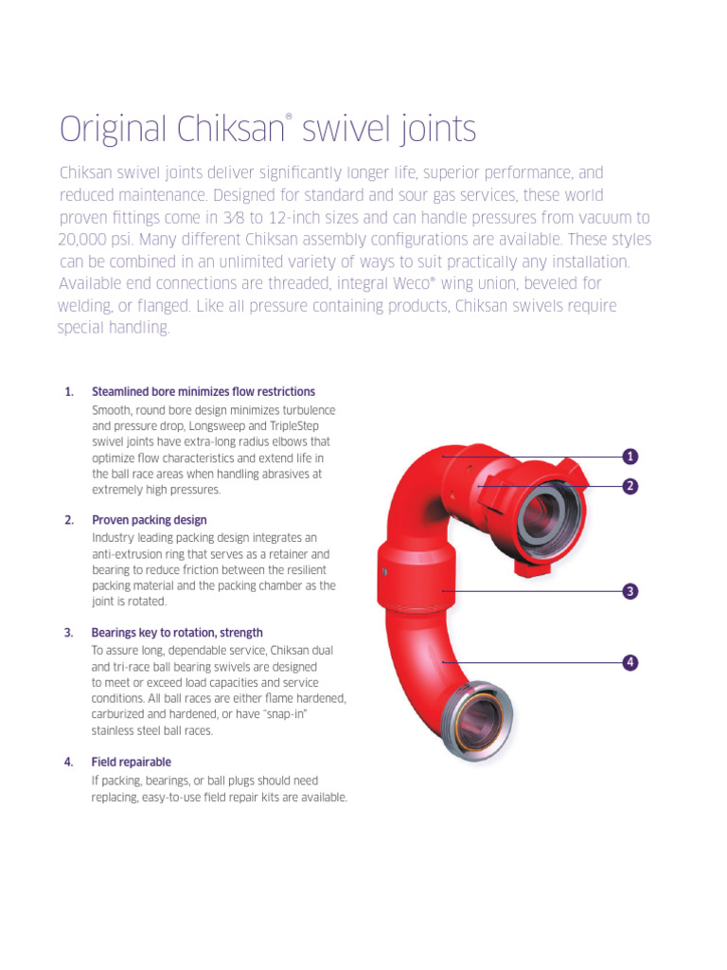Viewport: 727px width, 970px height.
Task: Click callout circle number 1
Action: (x=629, y=457)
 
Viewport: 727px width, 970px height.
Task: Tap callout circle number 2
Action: (x=629, y=486)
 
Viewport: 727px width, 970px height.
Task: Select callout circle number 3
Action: (x=629, y=591)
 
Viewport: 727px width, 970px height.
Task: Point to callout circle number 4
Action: (x=629, y=662)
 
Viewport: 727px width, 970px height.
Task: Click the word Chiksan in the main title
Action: (x=231, y=129)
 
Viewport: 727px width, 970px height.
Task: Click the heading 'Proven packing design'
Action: (x=149, y=520)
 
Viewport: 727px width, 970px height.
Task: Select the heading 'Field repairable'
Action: (x=131, y=763)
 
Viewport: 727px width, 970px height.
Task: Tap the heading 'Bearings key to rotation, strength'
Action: (x=177, y=633)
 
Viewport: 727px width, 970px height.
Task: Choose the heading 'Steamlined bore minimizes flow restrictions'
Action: (x=204, y=391)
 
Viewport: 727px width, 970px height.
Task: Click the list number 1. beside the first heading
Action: (x=69, y=391)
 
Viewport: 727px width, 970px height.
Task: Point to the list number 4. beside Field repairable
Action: (x=68, y=763)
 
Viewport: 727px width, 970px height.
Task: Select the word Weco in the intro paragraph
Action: (x=411, y=284)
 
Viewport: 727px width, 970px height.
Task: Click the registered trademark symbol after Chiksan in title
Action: (x=288, y=117)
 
